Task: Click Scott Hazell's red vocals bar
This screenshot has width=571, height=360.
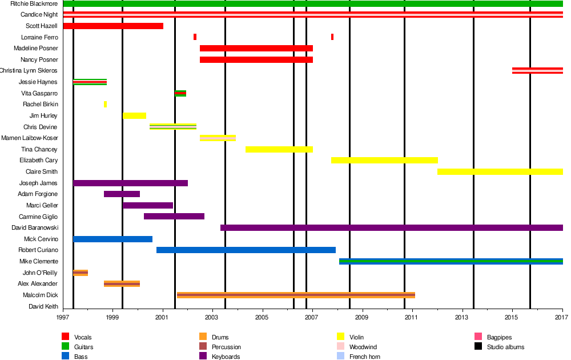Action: click(113, 26)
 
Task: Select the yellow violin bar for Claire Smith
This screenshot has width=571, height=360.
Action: click(500, 171)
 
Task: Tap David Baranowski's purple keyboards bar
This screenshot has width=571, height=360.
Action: click(391, 227)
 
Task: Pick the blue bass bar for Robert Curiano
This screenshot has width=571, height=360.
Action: click(246, 250)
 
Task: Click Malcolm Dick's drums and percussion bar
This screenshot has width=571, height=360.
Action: click(296, 295)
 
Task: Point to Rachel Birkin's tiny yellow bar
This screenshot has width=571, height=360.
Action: click(105, 105)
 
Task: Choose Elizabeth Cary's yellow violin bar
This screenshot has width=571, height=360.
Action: click(384, 161)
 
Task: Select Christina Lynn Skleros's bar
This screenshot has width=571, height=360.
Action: click(537, 71)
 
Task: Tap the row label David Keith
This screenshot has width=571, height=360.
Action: click(43, 306)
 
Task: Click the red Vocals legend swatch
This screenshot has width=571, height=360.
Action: click(65, 337)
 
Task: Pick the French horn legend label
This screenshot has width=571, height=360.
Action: click(364, 357)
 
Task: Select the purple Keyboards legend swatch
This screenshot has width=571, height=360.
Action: click(203, 357)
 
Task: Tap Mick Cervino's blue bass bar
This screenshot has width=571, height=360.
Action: click(112, 239)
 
